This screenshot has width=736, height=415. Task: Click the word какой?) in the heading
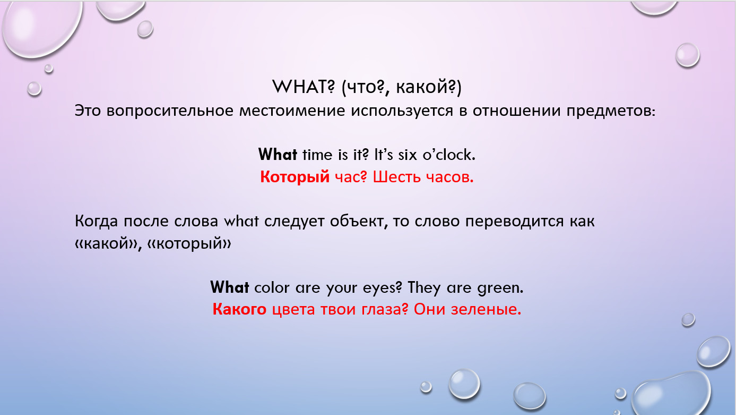pos(428,88)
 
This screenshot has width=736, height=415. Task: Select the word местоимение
pos(292,111)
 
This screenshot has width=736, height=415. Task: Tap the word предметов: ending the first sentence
pos(611,111)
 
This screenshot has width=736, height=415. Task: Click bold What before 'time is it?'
pos(278,155)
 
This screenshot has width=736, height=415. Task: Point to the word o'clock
pos(449,155)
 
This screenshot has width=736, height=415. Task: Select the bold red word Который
pos(295,177)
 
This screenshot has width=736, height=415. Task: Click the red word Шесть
pos(396,177)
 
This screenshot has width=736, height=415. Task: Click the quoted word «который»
pos(189,244)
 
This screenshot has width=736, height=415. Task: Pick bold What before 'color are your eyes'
pos(230,287)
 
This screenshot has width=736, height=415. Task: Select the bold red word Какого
pos(239,309)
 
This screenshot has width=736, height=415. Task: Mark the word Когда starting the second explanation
pos(96,221)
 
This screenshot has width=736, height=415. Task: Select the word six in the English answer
pos(408,155)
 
